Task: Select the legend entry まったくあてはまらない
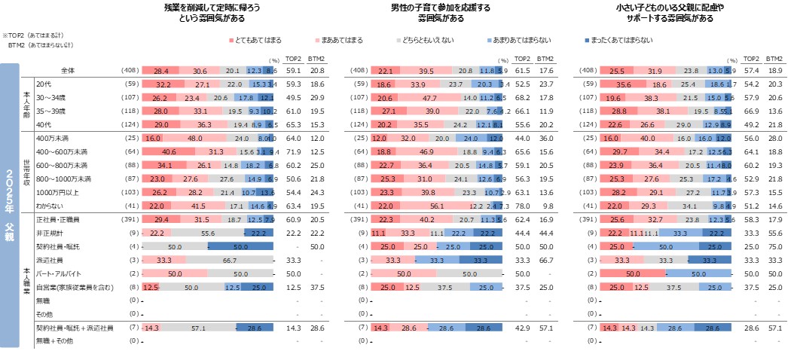click(x=615, y=40)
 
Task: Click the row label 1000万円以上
click(x=58, y=193)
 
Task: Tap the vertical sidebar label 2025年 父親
click(x=9, y=203)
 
